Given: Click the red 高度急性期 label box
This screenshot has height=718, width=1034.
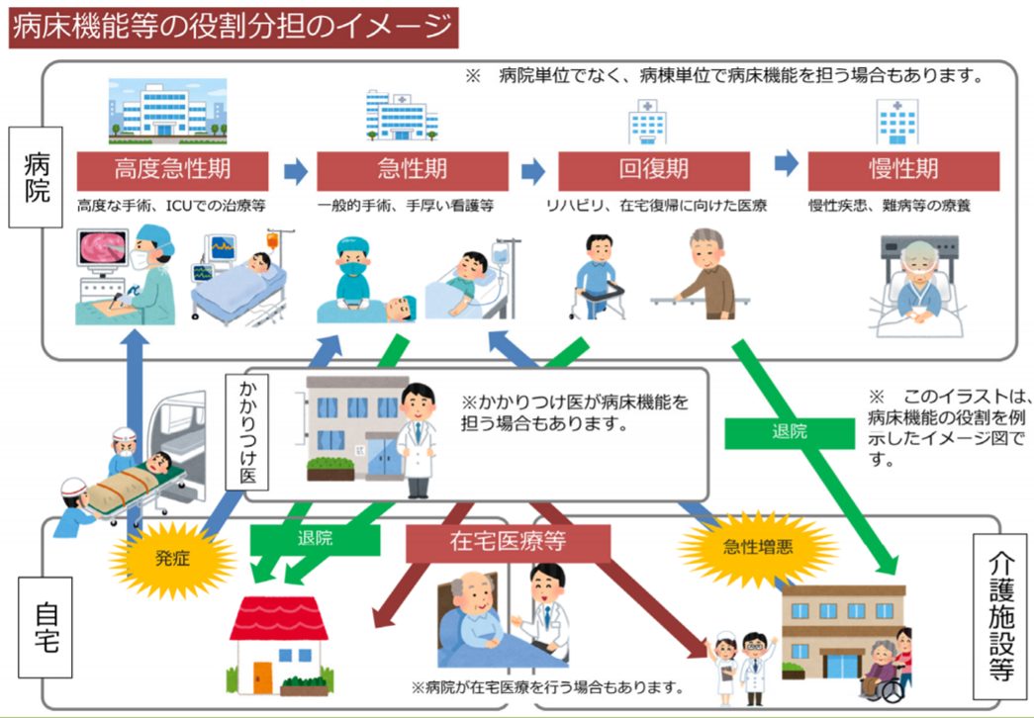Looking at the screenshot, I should [x=173, y=170].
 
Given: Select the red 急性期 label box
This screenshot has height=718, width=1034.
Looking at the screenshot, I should [x=413, y=170].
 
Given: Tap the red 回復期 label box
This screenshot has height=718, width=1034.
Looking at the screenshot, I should [x=654, y=170].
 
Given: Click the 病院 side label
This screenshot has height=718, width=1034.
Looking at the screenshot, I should [x=37, y=177].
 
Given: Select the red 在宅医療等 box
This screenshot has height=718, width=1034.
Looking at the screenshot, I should [x=507, y=544].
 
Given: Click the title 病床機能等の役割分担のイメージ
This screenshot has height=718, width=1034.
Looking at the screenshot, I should [x=233, y=26].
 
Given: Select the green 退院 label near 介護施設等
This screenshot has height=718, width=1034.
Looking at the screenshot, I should [x=788, y=432].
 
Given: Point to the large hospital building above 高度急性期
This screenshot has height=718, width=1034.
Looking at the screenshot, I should [x=166, y=112].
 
